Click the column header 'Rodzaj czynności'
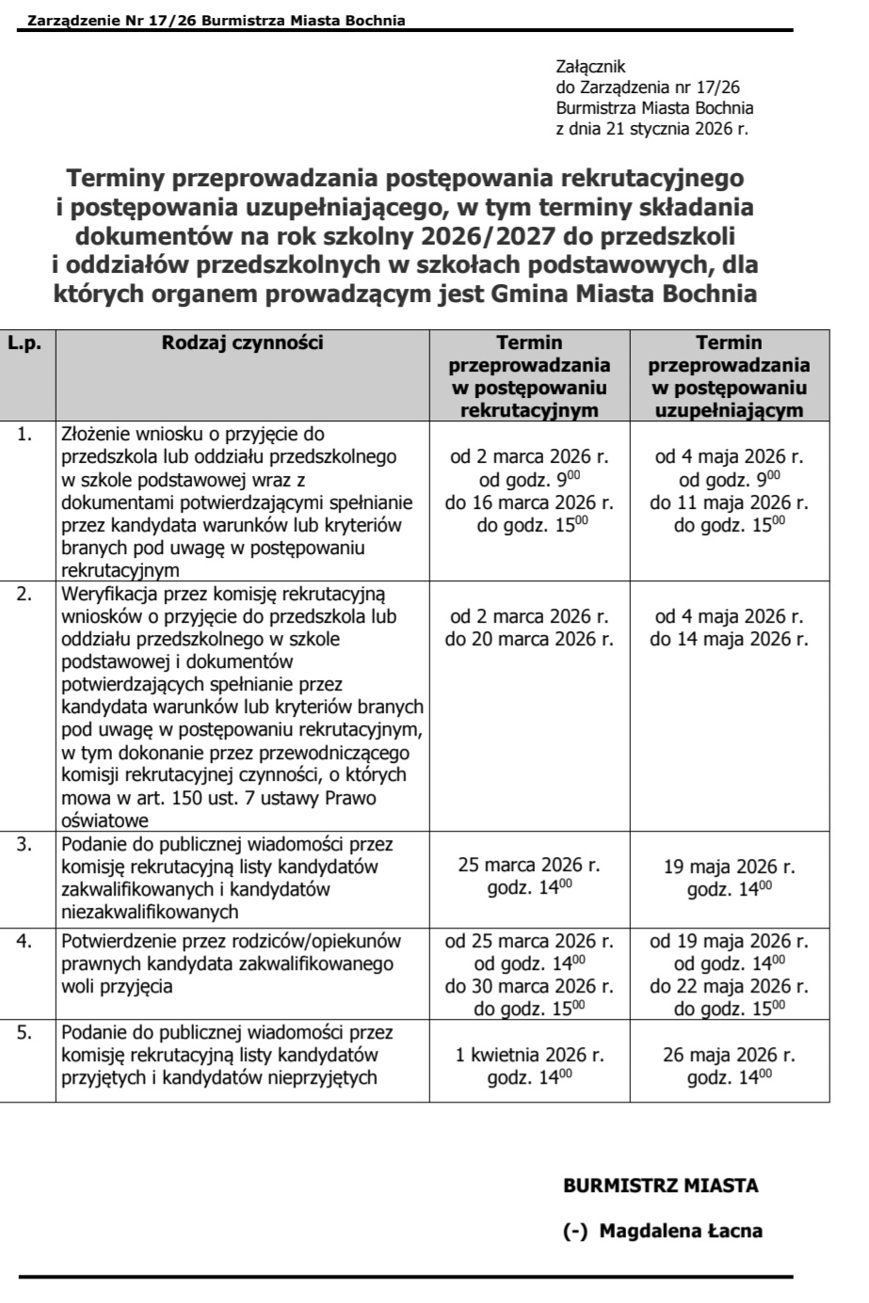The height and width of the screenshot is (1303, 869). coord(242,343)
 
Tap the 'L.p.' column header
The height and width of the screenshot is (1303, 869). coord(24,343)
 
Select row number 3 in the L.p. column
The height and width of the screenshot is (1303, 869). coord(24,844)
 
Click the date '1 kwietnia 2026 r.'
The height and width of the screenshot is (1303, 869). coord(529,1055)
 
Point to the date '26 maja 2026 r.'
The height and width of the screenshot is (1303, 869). coord(729,1055)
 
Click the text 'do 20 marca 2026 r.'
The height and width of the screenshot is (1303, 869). coord(529,640)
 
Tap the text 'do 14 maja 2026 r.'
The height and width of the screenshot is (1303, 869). coord(729,640)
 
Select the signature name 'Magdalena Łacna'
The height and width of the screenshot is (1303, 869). coord(681,1231)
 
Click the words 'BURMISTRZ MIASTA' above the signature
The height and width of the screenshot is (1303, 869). coord(660,1185)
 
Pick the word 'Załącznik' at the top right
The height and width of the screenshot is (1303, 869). coord(591,67)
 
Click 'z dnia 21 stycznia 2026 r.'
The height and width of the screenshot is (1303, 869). coord(652,129)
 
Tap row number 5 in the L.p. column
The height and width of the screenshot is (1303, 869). coord(24,1032)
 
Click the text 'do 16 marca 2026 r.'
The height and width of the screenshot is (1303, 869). coord(529,502)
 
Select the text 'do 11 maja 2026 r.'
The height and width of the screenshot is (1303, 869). coord(729,502)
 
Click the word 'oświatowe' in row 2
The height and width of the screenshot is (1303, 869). coord(99,821)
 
